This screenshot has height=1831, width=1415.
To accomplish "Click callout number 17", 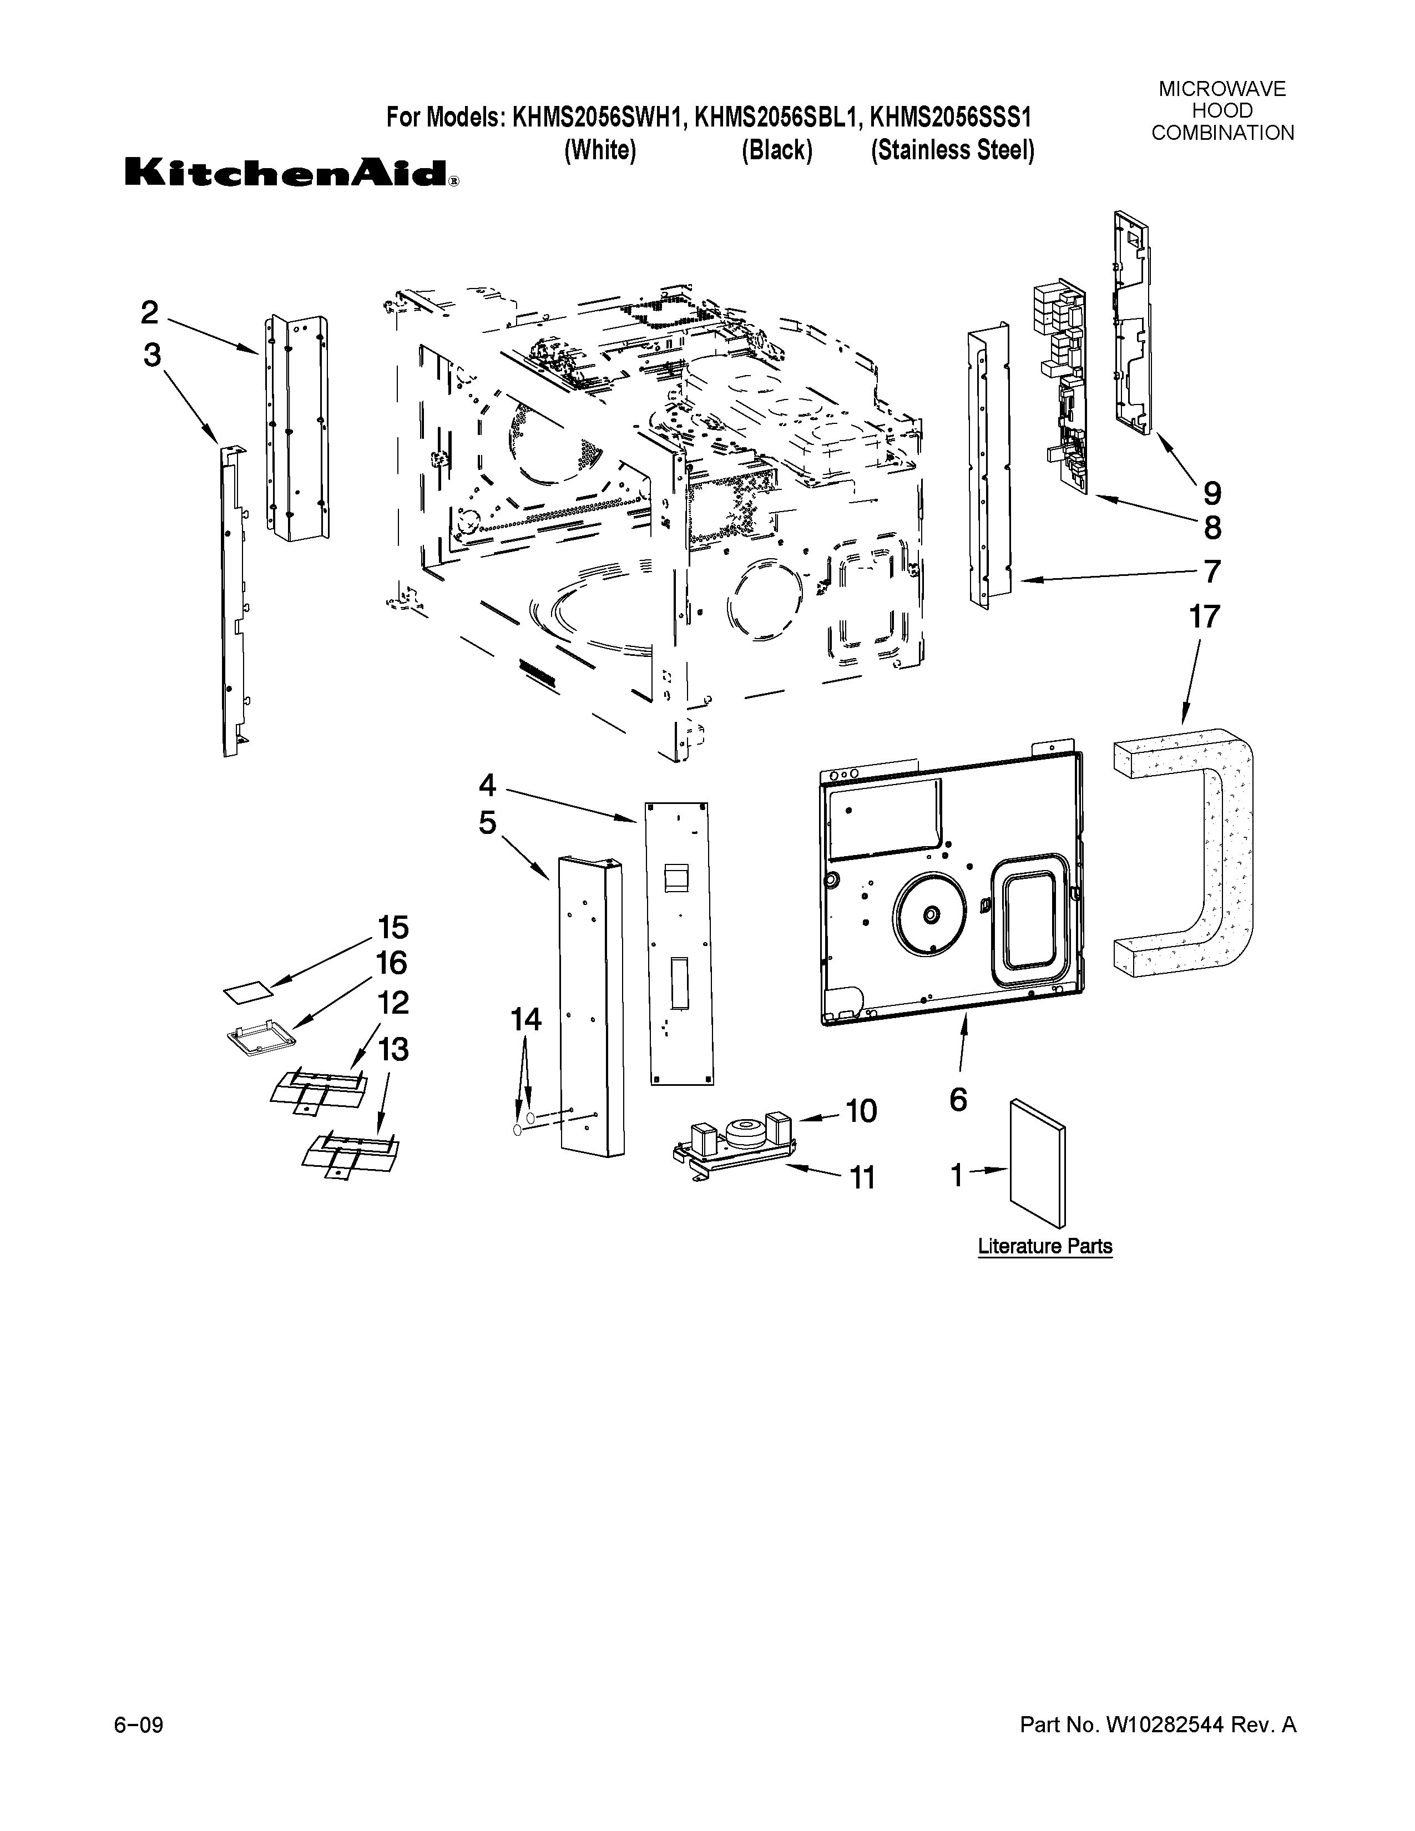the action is [x=1205, y=617].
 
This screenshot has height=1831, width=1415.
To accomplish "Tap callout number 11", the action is [x=862, y=1178].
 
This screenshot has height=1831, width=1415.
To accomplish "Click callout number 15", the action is [x=392, y=927].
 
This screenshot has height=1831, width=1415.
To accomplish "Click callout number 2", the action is [x=149, y=313].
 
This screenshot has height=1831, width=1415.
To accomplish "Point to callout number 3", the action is [x=151, y=356].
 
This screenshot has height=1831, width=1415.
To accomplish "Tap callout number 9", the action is [x=1212, y=492].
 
